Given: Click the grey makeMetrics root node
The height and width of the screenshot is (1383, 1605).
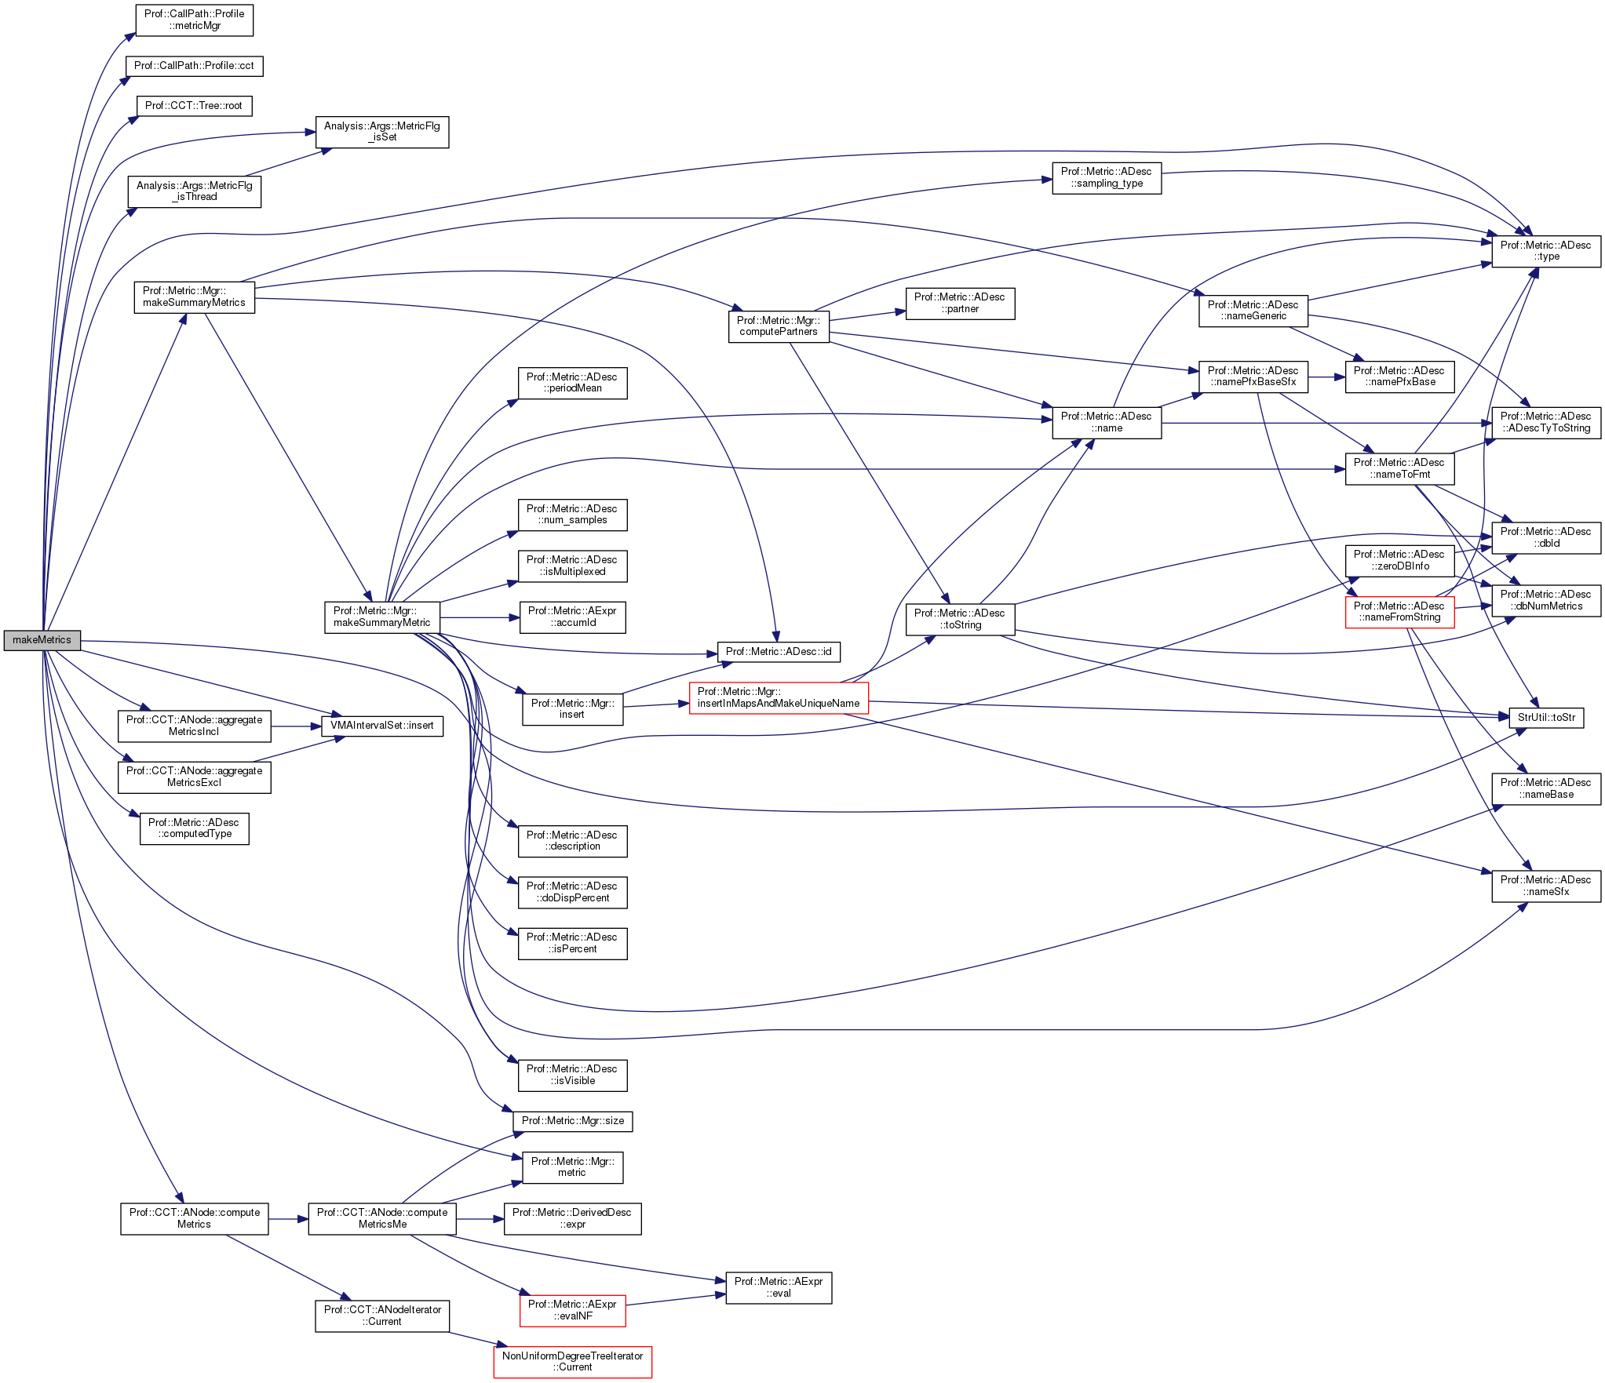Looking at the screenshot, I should pyautogui.click(x=42, y=640).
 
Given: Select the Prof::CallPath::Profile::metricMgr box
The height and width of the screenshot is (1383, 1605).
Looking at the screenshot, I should pyautogui.click(x=194, y=20).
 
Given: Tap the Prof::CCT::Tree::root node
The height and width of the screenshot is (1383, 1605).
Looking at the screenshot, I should pyautogui.click(x=194, y=106).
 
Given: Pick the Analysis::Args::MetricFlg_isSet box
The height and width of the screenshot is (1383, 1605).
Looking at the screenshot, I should pyautogui.click(x=381, y=132).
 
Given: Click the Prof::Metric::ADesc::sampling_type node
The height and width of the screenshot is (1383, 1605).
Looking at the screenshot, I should pyautogui.click(x=1106, y=178).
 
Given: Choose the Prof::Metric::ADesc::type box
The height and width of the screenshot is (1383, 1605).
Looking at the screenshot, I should pyautogui.click(x=1545, y=251).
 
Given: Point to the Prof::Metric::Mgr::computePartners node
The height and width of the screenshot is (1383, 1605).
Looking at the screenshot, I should pyautogui.click(x=778, y=326).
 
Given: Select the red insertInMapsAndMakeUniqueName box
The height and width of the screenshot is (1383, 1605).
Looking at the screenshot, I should pyautogui.click(x=778, y=697).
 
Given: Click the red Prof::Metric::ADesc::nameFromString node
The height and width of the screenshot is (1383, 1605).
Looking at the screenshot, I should pyautogui.click(x=1399, y=612).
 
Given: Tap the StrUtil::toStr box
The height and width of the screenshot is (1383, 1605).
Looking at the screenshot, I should pyautogui.click(x=1545, y=718).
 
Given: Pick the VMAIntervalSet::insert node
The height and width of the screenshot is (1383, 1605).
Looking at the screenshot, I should pyautogui.click(x=381, y=726).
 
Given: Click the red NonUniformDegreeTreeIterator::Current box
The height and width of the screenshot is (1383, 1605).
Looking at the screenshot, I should pyautogui.click(x=572, y=1361).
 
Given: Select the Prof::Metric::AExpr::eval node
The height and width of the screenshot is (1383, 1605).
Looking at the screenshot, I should pyautogui.click(x=778, y=1287).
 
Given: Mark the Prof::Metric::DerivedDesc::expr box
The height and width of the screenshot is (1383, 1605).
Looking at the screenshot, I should pyautogui.click(x=572, y=1218).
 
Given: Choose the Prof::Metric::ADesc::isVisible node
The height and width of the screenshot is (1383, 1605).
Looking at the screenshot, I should pyautogui.click(x=572, y=1075).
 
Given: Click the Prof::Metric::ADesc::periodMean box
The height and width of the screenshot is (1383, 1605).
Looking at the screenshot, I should pyautogui.click(x=572, y=383).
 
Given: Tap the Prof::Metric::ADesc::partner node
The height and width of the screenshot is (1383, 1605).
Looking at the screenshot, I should pyautogui.click(x=959, y=304).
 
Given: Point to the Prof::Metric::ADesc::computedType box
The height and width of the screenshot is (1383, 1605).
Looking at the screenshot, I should pyautogui.click(x=194, y=828).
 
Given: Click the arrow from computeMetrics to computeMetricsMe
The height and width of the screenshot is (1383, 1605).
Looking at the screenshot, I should pyautogui.click(x=288, y=1219).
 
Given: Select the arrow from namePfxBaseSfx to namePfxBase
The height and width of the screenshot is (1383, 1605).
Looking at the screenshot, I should pyautogui.click(x=1326, y=377).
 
